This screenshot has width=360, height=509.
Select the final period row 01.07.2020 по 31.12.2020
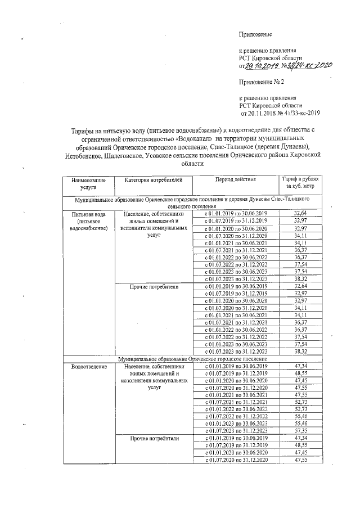[235, 460]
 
